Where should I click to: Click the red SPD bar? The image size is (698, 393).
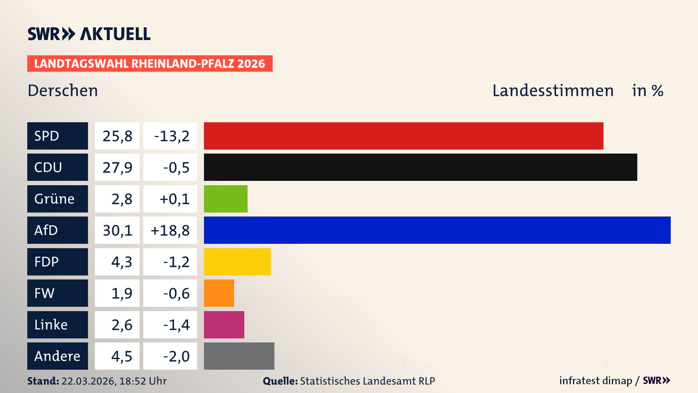click(404, 136)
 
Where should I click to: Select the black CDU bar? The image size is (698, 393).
click(420, 167)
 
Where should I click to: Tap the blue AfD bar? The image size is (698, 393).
click(437, 230)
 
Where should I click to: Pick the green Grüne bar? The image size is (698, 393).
click(225, 199)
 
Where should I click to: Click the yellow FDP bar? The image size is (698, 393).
click(237, 262)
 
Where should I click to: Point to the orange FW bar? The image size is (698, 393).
click(219, 293)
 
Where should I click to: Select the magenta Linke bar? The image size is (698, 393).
click(224, 325)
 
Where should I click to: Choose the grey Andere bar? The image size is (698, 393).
click(239, 356)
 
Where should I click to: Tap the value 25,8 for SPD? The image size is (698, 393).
click(117, 136)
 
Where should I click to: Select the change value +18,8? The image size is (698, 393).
click(170, 230)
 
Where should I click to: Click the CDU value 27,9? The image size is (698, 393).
click(117, 167)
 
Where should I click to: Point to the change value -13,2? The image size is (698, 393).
click(172, 136)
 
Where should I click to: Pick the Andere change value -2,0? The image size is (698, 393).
click(176, 356)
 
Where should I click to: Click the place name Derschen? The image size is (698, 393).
click(63, 91)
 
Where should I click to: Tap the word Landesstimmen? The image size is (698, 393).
click(553, 91)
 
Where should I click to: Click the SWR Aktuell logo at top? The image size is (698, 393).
click(89, 34)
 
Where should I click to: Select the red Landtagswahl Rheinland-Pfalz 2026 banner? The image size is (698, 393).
click(150, 64)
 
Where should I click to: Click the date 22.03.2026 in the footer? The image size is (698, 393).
click(88, 381)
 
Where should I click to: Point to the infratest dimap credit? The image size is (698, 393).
click(595, 381)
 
